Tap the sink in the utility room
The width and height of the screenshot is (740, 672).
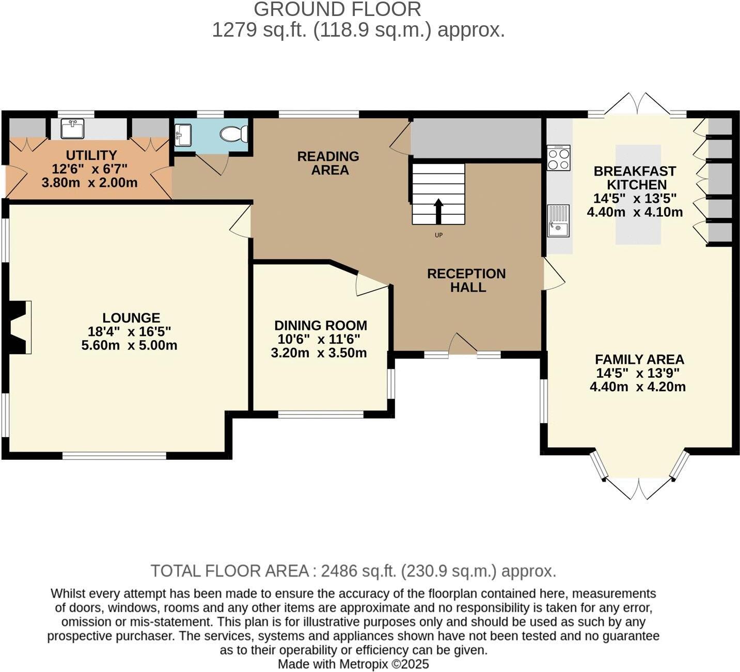pos(72,129)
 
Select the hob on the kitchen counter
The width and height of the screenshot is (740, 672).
pos(559,158)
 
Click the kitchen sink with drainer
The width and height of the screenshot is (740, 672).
pos(559,221)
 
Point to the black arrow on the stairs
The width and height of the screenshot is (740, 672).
pos(438,211)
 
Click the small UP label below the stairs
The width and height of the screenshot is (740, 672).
pos(438,235)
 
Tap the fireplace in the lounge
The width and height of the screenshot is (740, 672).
pos(18,327)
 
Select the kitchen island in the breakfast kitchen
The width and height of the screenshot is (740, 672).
pos(638,194)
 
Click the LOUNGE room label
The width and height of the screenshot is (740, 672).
pos(131,318)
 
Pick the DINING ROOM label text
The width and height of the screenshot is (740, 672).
pos(321,326)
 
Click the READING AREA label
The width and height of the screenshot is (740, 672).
pos(328,163)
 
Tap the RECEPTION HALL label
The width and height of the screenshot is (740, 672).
pos(466,280)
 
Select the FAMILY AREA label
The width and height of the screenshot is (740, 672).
pos(639,360)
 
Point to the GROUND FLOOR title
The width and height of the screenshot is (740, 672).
pos(337,9)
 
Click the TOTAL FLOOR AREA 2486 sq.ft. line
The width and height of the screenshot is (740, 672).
pos(353,571)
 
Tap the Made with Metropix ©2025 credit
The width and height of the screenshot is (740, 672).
pos(353,664)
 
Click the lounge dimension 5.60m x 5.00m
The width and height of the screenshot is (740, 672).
pos(129,345)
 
